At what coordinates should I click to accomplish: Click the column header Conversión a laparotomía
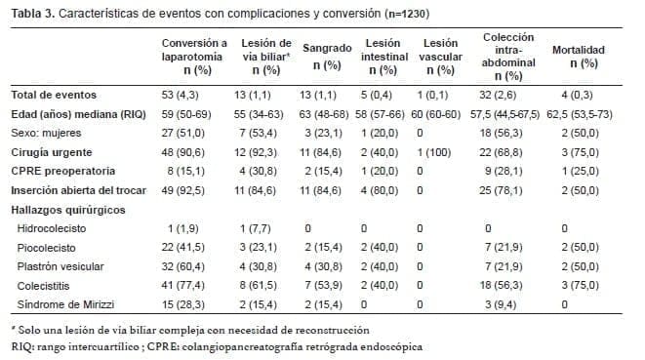(195, 58)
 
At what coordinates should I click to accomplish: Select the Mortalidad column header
(579, 56)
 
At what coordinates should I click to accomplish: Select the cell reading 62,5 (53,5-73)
(579, 114)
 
